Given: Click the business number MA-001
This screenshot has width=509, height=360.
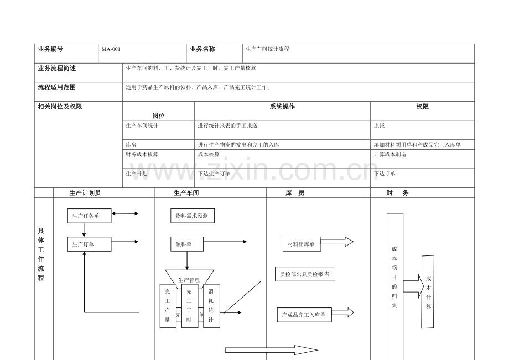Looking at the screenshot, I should point(111,49).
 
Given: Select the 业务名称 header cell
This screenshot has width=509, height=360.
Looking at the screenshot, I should point(202,49).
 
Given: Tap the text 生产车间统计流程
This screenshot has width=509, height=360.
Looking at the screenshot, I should point(267,49).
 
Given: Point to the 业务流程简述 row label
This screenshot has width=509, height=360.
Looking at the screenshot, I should point(57,68).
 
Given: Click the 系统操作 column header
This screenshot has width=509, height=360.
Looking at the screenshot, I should point(282,107).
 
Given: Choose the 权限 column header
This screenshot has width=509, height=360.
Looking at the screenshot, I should point(422,107).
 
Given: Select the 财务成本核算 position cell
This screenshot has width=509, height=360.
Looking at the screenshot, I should point(142,155).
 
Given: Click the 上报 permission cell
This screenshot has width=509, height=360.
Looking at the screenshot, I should point(380,126).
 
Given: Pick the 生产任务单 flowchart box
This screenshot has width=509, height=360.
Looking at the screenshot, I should point(89,216).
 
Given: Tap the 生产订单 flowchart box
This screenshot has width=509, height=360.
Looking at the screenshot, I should point(89,244).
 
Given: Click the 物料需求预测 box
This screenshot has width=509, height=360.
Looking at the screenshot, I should point(192,216).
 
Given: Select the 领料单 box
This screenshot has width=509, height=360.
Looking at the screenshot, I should point(187,244).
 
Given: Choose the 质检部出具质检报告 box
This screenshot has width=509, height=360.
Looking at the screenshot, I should point(305,273).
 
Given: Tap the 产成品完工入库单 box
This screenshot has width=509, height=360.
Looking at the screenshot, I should point(303,315).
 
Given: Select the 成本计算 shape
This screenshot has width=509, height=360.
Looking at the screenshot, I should point(428,291).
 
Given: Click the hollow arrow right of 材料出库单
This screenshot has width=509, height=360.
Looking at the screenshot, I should point(337,242).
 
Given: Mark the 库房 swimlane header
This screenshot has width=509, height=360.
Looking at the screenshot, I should point(295,193).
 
